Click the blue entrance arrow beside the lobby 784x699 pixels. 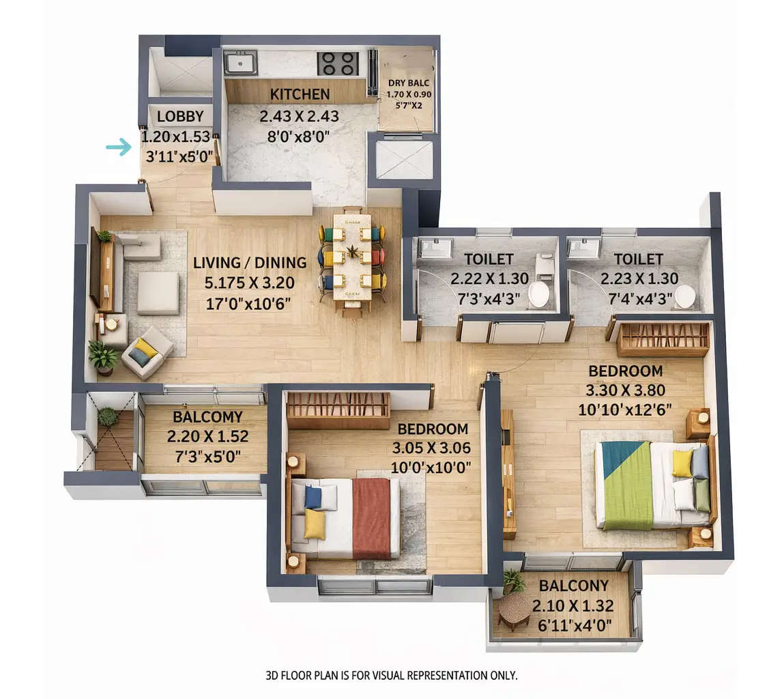click(119, 147)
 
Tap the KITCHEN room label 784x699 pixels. click(300, 94)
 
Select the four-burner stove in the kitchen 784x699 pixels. click(338, 63)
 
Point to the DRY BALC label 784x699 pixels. click(409, 83)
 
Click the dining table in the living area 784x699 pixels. click(352, 260)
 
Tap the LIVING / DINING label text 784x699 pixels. click(250, 262)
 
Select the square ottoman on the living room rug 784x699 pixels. click(158, 293)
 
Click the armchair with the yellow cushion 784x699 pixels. click(146, 351)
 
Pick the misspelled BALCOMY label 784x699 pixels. click(207, 416)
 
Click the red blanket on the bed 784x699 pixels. click(372, 517)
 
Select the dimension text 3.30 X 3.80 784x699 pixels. click(625, 390)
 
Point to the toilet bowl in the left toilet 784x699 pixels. click(538, 294)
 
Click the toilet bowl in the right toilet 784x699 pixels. click(684, 296)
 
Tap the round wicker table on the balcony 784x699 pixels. click(514, 607)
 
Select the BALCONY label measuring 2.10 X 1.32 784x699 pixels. click(573, 586)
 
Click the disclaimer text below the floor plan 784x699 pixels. click(392, 676)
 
